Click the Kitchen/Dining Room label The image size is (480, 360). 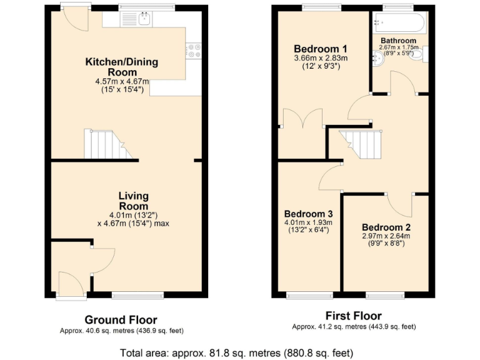click(x=122, y=67)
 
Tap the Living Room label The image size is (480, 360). click(x=133, y=201)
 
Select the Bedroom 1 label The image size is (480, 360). click(x=321, y=49)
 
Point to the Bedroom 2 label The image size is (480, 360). click(x=386, y=227)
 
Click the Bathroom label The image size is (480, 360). click(x=398, y=41)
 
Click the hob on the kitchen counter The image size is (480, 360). click(x=193, y=50)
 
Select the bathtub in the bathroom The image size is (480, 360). click(x=399, y=24)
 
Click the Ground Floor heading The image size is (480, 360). click(x=121, y=320)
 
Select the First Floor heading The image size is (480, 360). click(x=354, y=316)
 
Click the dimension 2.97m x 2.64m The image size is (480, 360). click(x=386, y=236)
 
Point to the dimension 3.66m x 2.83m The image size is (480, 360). click(x=321, y=58)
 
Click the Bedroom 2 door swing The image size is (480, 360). click(x=399, y=203)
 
